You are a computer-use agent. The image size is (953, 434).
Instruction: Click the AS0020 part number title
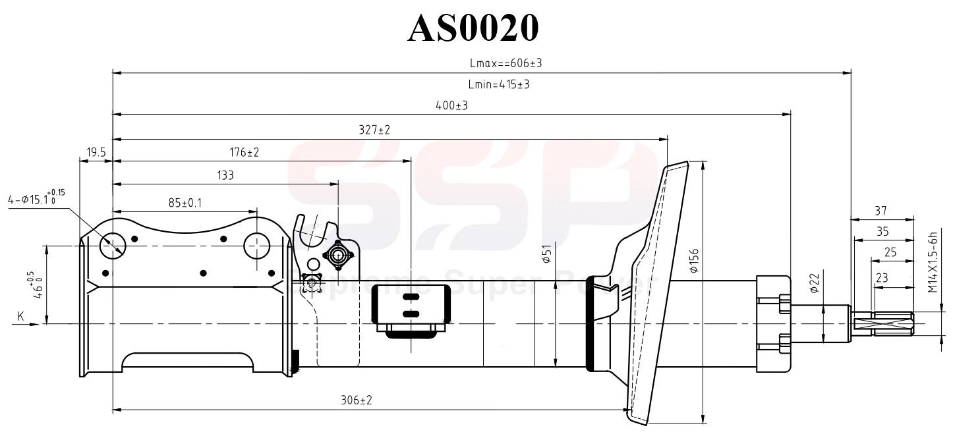pyautogui.click(x=473, y=28)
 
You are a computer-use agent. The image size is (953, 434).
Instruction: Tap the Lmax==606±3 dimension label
pyautogui.click(x=506, y=63)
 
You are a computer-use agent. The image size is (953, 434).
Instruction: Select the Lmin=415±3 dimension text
pyautogui.click(x=499, y=84)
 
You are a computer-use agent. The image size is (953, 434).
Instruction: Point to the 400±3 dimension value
pyautogui.click(x=451, y=105)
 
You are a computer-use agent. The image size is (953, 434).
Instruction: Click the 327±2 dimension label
pyautogui.click(x=374, y=130)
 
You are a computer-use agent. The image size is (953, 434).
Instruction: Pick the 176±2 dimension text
pyautogui.click(x=245, y=152)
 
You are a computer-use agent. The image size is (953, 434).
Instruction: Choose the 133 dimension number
pyautogui.click(x=225, y=175)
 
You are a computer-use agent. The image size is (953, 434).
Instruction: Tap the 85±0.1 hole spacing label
pyautogui.click(x=185, y=203)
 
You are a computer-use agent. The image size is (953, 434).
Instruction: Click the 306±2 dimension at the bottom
pyautogui.click(x=357, y=400)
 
